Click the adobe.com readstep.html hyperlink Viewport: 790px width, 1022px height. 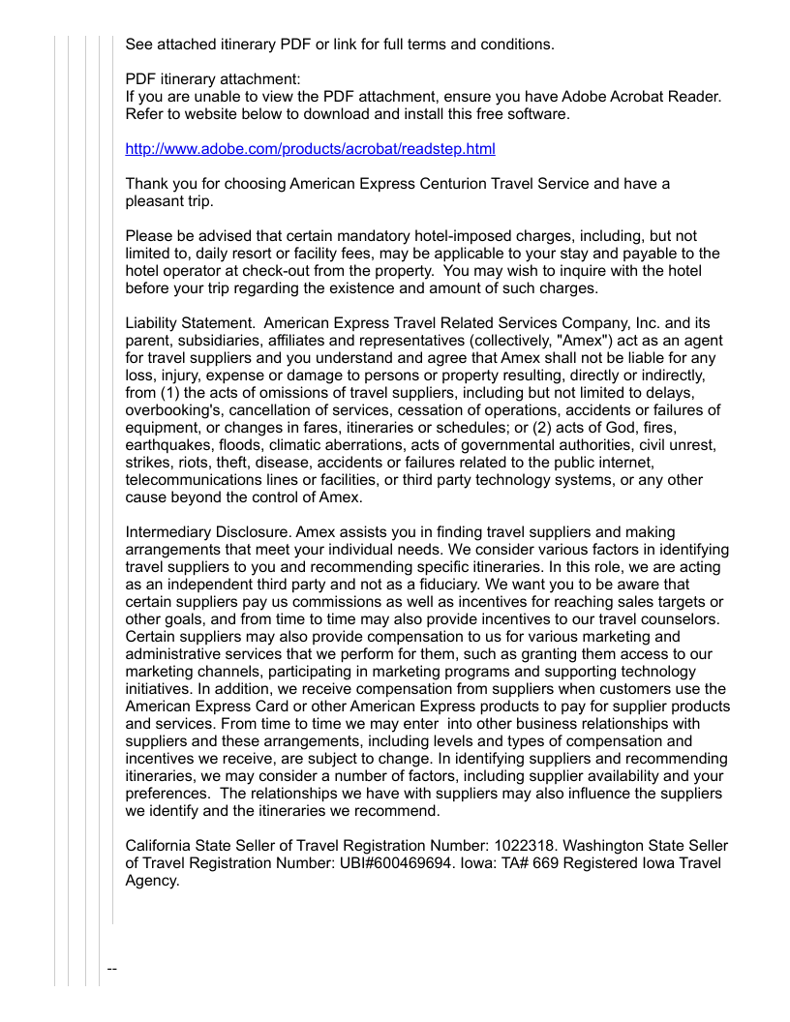click(310, 149)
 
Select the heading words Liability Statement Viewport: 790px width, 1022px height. click(190, 323)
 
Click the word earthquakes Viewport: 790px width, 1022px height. click(166, 445)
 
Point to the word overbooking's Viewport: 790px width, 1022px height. click(170, 410)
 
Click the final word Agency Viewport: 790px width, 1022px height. click(153, 881)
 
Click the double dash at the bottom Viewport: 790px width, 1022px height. click(111, 969)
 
